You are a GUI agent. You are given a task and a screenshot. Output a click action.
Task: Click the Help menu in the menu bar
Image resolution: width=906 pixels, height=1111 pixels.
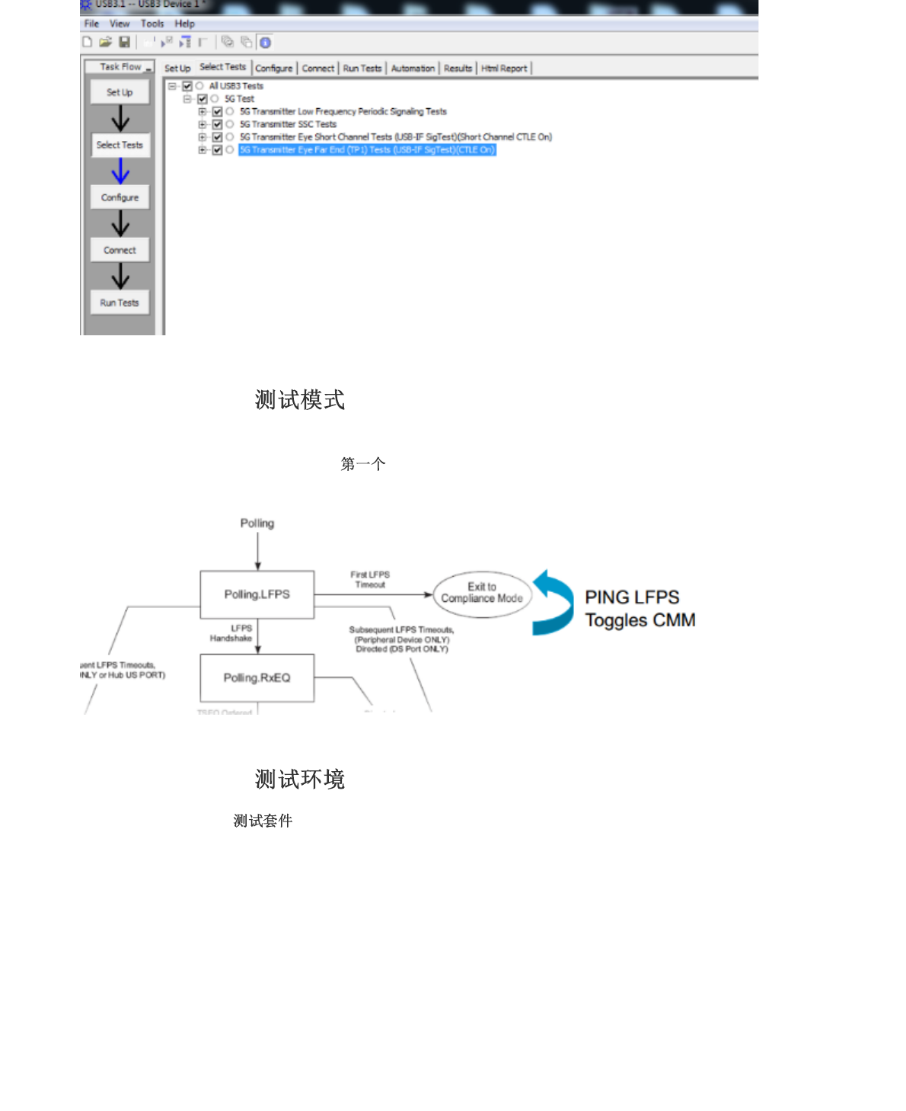(184, 24)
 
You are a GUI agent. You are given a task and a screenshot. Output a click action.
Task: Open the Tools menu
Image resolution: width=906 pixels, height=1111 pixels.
(152, 24)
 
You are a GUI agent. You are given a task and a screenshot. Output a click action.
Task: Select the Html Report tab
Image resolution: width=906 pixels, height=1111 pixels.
(504, 69)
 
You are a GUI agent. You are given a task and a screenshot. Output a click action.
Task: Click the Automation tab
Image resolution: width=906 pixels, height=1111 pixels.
(413, 69)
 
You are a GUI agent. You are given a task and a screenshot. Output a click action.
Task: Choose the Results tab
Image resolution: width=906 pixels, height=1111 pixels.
(458, 69)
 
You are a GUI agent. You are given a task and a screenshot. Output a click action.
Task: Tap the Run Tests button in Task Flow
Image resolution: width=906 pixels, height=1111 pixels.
(120, 303)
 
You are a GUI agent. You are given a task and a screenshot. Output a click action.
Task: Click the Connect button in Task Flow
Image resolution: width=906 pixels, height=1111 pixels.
(120, 250)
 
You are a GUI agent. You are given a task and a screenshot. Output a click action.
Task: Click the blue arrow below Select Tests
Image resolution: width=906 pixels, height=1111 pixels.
(120, 171)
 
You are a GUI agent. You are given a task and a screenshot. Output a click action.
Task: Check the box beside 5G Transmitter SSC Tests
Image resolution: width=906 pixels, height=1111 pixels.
(217, 124)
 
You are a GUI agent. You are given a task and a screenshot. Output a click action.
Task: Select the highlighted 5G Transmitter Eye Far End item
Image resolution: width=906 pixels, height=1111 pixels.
(367, 150)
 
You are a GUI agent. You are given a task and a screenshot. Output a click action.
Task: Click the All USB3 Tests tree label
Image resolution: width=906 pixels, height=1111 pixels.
(236, 86)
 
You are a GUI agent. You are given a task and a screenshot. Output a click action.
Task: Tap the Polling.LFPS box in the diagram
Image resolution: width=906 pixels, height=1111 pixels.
(257, 594)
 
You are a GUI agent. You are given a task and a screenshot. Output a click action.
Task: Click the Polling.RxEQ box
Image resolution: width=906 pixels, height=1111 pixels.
(257, 677)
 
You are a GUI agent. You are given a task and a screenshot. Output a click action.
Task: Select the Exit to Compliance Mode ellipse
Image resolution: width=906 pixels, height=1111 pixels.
(482, 594)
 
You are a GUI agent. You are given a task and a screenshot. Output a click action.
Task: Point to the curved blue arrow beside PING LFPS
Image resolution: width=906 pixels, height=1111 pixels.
(554, 603)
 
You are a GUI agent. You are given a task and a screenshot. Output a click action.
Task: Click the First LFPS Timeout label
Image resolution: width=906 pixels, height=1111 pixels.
(370, 580)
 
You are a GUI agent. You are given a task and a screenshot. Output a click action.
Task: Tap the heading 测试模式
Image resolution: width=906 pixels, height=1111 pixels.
(300, 400)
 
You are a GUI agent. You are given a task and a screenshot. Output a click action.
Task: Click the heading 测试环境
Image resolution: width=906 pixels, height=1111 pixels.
(300, 780)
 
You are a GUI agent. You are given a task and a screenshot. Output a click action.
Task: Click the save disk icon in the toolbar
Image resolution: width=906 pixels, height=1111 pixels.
(124, 43)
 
